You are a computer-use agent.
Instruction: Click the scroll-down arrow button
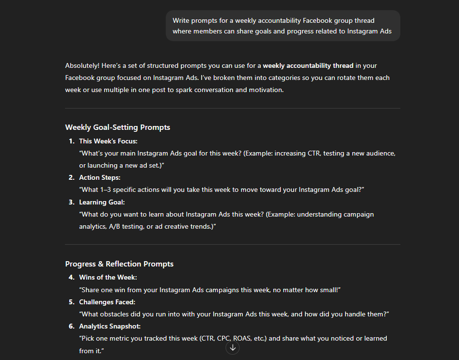(x=233, y=347)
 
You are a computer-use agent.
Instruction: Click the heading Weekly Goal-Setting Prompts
(x=117, y=127)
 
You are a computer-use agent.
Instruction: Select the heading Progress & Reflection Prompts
(x=119, y=264)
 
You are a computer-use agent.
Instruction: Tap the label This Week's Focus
(x=108, y=141)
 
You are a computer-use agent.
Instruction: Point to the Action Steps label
(x=100, y=177)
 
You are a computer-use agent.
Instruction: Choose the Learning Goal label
(x=102, y=202)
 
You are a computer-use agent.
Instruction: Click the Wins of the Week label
(x=108, y=277)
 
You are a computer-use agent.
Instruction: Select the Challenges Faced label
(x=107, y=302)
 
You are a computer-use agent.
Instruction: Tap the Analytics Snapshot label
(x=110, y=326)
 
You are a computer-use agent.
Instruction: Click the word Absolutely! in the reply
(x=82, y=65)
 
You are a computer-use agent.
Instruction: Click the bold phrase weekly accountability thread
(x=308, y=65)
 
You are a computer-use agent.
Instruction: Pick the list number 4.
(x=71, y=277)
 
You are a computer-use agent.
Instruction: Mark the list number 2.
(x=71, y=177)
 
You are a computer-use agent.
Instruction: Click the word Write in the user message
(x=181, y=20)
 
